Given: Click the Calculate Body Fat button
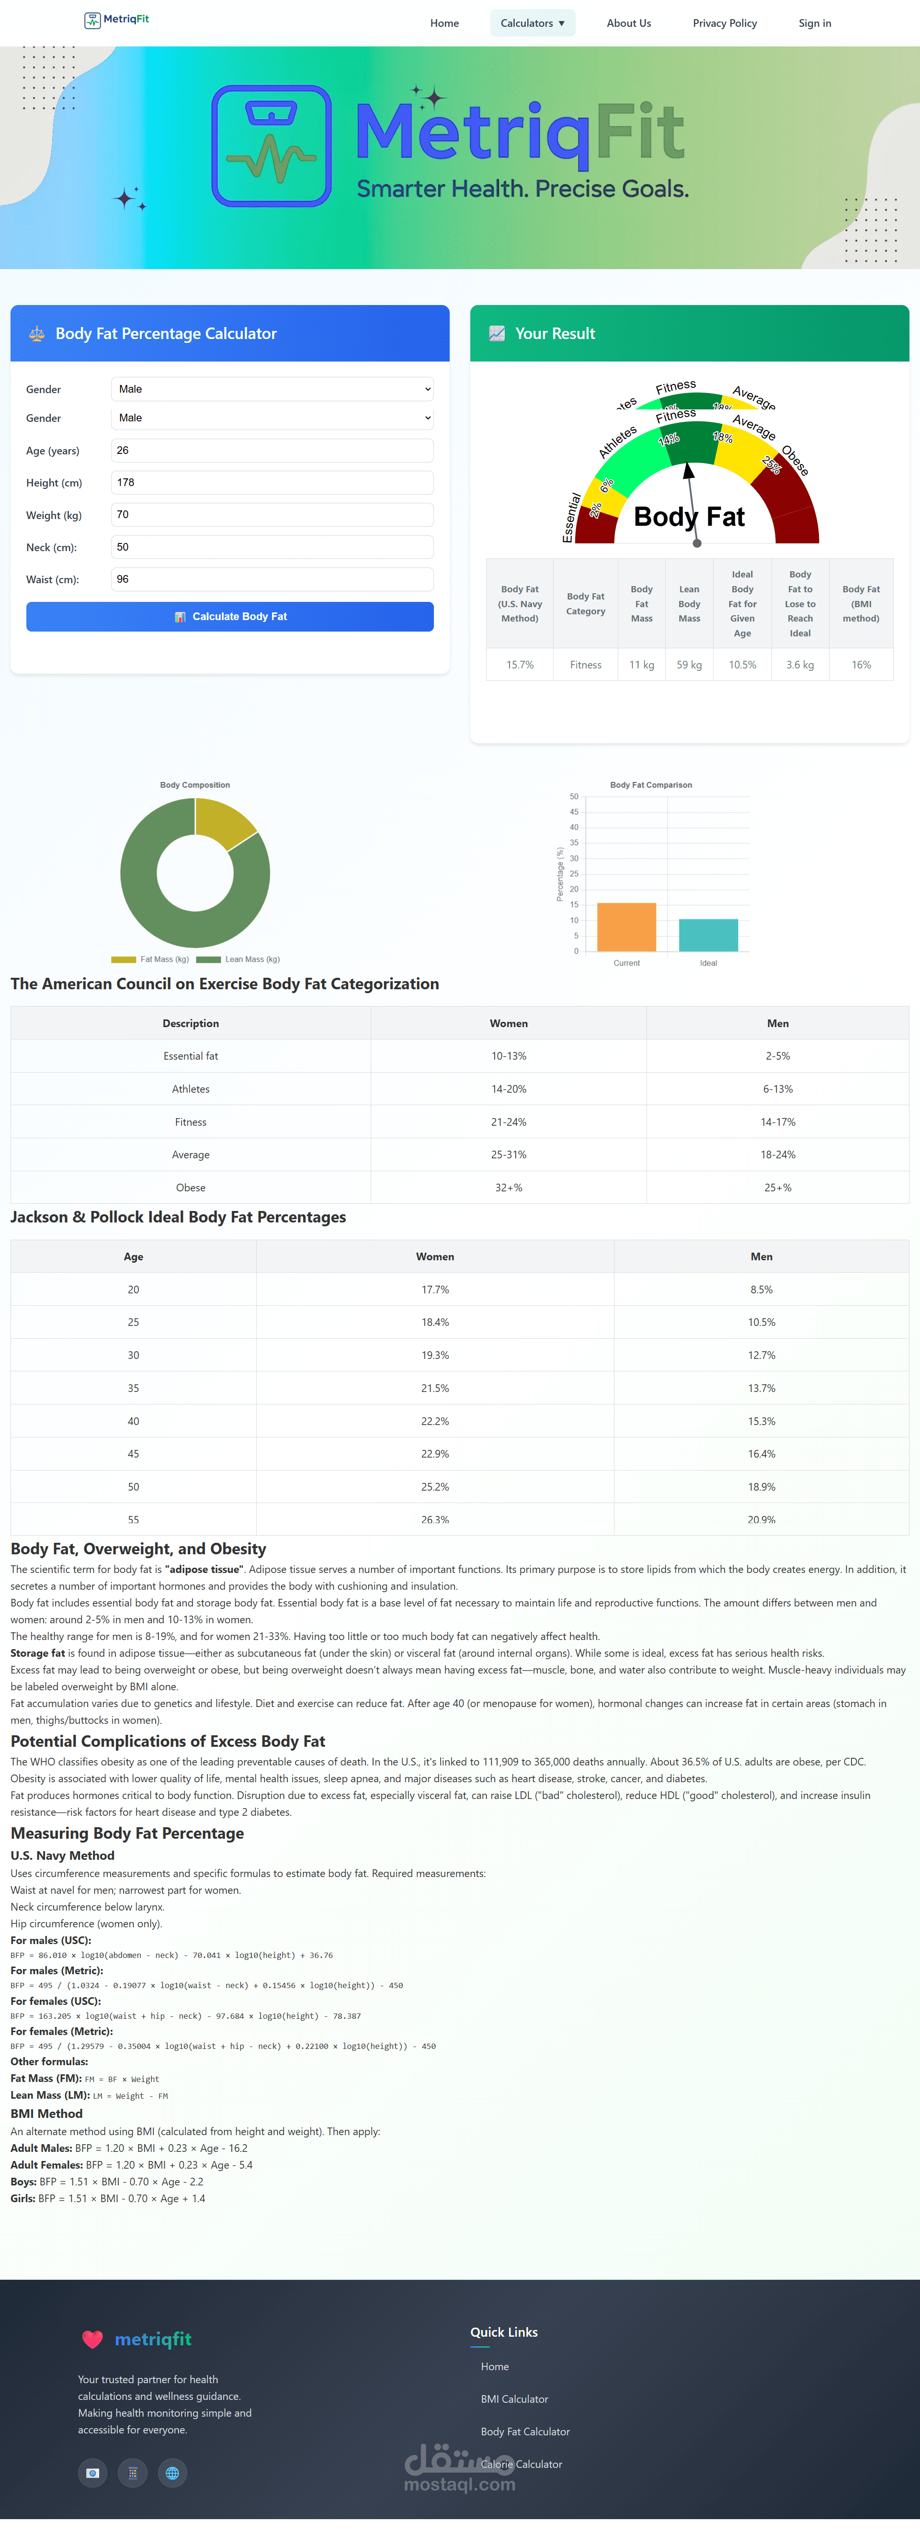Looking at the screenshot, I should tap(229, 616).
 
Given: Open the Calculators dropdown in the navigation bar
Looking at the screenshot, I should tap(533, 23).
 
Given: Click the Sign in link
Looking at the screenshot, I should tap(814, 23).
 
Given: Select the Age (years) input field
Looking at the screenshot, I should tap(272, 451).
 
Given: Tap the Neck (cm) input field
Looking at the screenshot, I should tap(272, 547).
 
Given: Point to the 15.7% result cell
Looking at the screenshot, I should tap(520, 665).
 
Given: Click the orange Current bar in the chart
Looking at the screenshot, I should tap(626, 927).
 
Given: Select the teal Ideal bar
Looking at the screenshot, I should tap(708, 935).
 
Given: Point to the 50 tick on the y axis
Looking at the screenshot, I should tap(574, 796).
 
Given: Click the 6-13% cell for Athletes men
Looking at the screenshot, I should tap(778, 1089).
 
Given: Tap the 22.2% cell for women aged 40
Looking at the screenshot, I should tap(435, 1421).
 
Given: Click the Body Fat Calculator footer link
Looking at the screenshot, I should tap(525, 2432).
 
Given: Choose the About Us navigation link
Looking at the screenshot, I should tap(628, 23).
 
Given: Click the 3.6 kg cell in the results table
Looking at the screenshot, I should tap(799, 665).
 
